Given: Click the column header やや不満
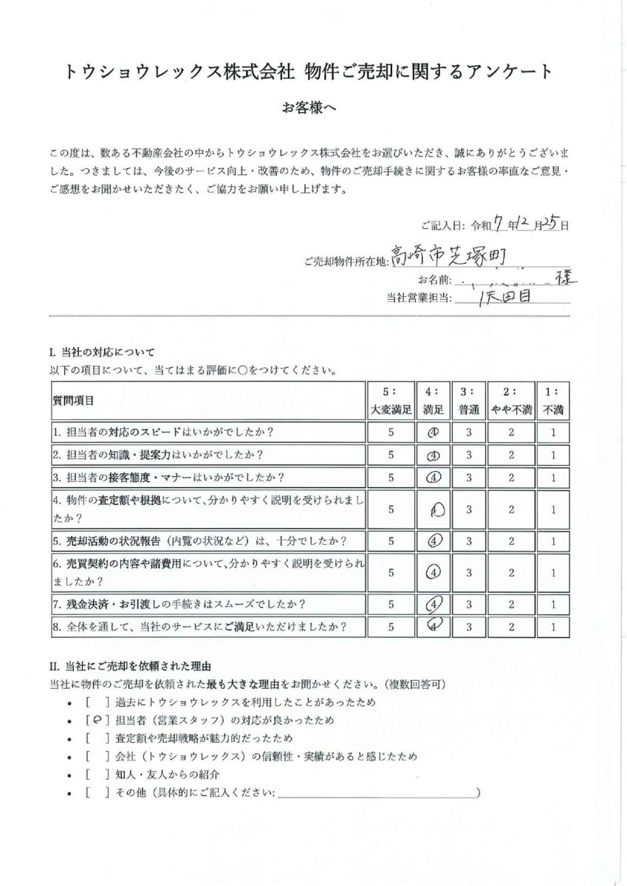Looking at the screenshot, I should pos(510,408).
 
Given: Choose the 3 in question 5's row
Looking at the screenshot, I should pos(470,540).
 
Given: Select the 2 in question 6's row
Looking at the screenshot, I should pos(510,571).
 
